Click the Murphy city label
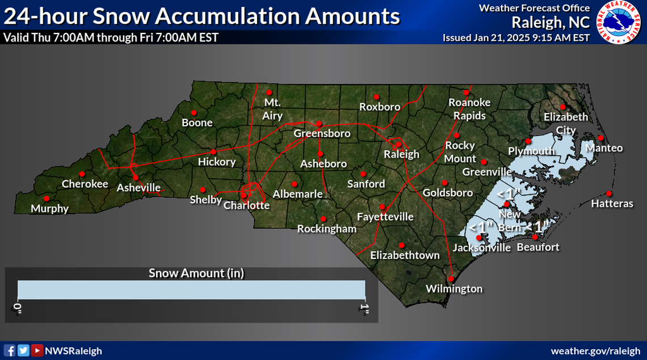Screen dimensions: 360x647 49,208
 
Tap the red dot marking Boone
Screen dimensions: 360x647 194,112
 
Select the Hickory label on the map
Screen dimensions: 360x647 216,162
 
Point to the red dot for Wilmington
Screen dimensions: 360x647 451,279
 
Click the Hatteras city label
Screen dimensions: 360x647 612,203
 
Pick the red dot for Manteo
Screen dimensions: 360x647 600,138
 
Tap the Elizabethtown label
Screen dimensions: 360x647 405,256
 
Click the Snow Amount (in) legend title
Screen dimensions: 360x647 196,273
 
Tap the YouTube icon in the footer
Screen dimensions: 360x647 37,350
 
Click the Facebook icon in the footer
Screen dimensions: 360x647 10,350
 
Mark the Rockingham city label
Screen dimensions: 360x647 327,229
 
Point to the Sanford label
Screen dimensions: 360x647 366,184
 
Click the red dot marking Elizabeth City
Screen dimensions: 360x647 562,107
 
